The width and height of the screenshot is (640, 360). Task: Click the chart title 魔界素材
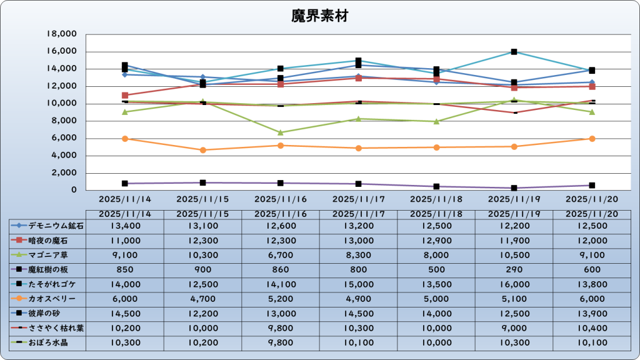319,16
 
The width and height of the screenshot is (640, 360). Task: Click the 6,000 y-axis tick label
64,138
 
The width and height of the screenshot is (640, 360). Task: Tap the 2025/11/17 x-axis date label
358,199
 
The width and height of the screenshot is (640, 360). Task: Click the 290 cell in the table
514,269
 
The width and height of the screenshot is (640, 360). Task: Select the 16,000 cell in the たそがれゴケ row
514,284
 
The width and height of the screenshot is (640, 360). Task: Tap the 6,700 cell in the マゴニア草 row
280,255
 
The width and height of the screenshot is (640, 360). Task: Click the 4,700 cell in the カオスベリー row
202,299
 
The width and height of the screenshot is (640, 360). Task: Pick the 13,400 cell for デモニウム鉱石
125,225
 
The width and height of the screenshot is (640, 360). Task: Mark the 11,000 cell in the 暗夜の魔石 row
125,240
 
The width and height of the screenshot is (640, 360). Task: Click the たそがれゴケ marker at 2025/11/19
514,52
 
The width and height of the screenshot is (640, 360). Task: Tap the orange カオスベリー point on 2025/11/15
202,150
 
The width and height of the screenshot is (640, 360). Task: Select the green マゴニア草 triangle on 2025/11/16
280,132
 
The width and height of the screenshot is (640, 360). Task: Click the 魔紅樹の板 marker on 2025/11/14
125,184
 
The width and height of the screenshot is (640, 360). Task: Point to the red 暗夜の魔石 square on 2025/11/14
125,96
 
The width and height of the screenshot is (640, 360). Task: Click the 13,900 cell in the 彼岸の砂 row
592,314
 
